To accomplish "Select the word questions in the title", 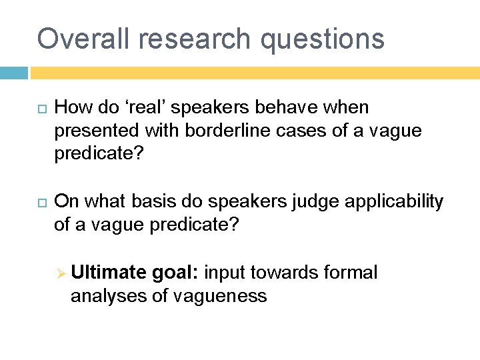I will click(x=323, y=40).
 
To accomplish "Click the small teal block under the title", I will click(x=13, y=73).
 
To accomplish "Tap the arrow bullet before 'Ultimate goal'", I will click(x=59, y=273).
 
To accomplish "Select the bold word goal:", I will click(x=175, y=273).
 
